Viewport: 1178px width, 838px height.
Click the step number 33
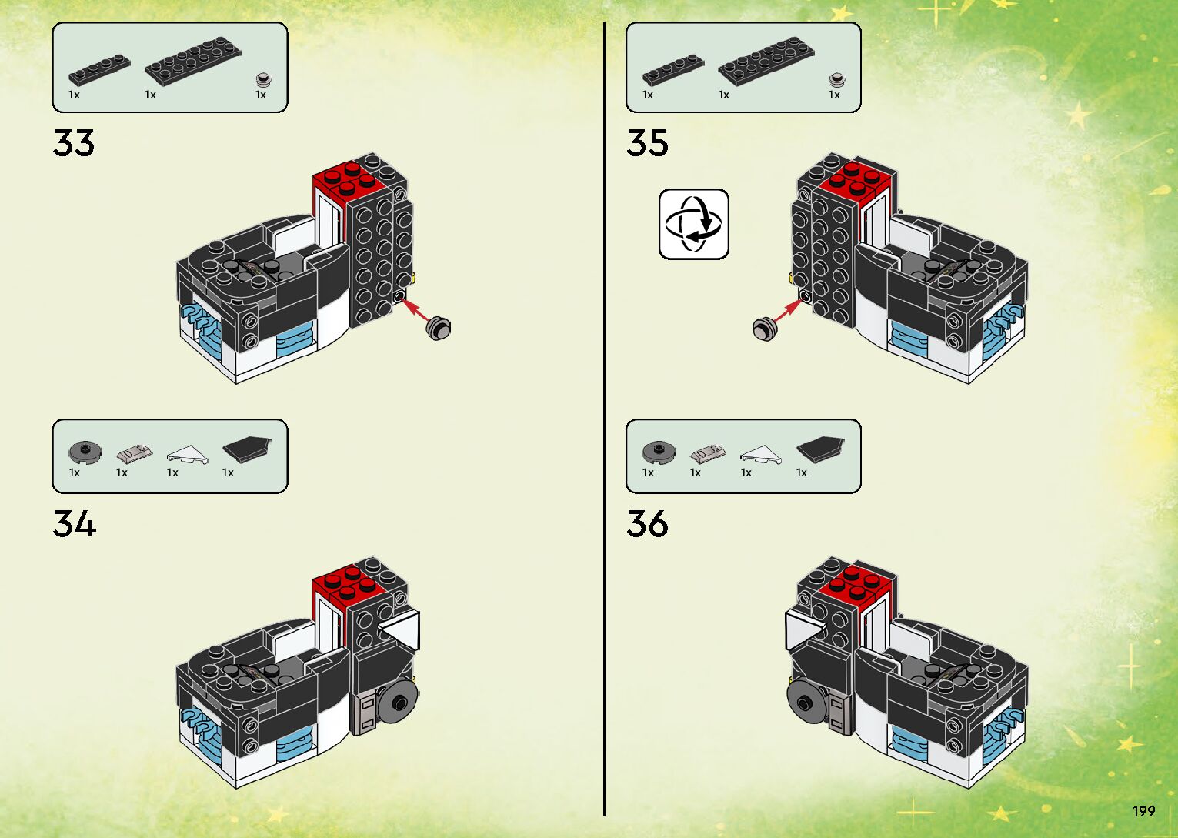(x=74, y=143)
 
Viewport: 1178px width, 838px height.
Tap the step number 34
(x=75, y=524)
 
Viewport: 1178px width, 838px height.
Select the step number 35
(x=647, y=143)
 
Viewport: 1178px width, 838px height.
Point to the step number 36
(x=647, y=524)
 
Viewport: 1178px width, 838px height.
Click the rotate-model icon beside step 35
(x=693, y=224)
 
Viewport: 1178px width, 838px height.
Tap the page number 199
(x=1143, y=811)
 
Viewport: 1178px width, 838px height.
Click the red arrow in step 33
(x=415, y=309)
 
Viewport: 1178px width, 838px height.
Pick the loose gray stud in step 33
(x=439, y=327)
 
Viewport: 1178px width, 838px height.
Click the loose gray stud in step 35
(x=765, y=329)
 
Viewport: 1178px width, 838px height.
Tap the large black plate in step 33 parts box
(x=192, y=60)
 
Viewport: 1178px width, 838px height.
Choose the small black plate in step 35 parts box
(x=672, y=70)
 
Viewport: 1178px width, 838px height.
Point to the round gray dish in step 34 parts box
(x=85, y=452)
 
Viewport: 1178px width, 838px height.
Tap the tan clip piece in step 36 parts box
(x=707, y=453)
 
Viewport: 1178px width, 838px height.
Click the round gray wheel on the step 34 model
(x=399, y=700)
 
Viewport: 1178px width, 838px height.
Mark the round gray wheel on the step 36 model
(x=806, y=701)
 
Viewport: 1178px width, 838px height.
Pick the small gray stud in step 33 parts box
(x=263, y=79)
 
